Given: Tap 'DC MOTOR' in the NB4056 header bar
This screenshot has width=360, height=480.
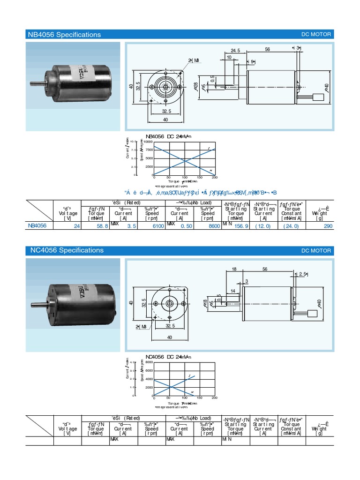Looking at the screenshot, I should (316, 35).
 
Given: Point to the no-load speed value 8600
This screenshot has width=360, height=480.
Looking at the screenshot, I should (214, 225).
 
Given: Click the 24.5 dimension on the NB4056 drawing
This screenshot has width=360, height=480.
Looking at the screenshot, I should (235, 50).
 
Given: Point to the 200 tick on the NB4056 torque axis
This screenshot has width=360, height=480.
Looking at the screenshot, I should (215, 178).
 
